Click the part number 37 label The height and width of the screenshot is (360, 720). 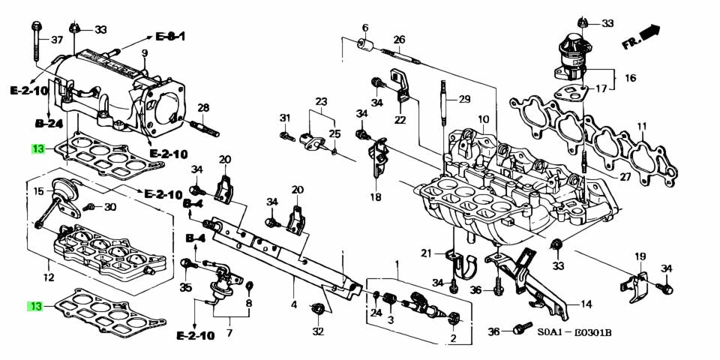(x=58, y=39)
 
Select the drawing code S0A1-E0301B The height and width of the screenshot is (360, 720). (x=574, y=332)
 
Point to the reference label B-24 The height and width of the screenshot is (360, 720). (x=49, y=123)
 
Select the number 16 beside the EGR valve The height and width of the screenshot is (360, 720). (x=630, y=77)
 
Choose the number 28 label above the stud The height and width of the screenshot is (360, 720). (x=203, y=107)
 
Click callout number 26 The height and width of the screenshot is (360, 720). (x=399, y=39)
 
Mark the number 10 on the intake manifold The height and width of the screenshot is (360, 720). (x=483, y=119)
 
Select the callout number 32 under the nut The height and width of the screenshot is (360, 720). (x=318, y=331)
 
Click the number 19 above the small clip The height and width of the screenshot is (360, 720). (x=640, y=256)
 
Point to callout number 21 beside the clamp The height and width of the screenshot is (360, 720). (x=426, y=252)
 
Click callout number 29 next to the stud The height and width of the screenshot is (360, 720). (x=464, y=99)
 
